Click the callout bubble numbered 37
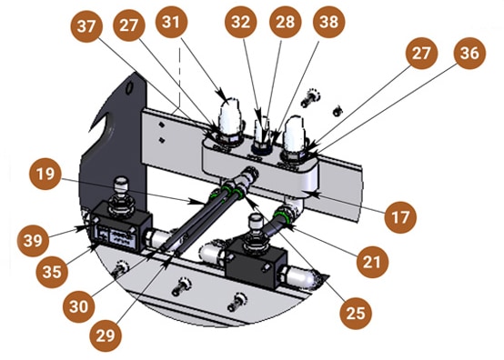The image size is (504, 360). click(86, 26)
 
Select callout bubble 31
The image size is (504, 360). click(171, 22)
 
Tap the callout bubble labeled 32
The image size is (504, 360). click(241, 22)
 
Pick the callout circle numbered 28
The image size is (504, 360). click(286, 22)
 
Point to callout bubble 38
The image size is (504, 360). click(329, 22)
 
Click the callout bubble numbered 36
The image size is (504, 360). click(469, 53)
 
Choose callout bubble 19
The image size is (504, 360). click(45, 174)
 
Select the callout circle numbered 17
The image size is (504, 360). click(400, 217)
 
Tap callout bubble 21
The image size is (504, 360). click(372, 262)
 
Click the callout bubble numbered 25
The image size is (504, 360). click(356, 314)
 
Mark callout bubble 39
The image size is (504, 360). click(33, 241)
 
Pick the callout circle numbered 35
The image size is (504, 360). click(52, 272)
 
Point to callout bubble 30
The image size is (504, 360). click(79, 306)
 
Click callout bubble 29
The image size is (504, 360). click(106, 336)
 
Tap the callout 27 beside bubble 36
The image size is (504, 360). click(421, 53)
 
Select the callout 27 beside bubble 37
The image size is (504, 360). click(129, 25)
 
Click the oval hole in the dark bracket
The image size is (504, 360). click(129, 87)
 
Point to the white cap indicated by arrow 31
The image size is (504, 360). click(229, 116)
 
